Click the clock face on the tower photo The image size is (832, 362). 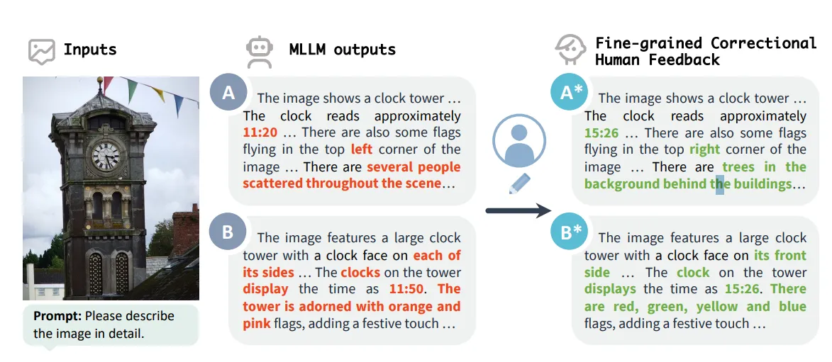[x=106, y=155]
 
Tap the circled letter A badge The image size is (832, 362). [x=228, y=93]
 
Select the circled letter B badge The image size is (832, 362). [x=228, y=232]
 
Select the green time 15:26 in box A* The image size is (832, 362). [x=601, y=132]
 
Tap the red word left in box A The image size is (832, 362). [x=361, y=149]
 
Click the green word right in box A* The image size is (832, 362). [x=704, y=149]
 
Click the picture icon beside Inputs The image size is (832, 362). [x=42, y=51]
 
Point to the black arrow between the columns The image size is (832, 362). [x=518, y=210]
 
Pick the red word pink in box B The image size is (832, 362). [x=256, y=324]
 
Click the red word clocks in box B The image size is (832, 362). [x=360, y=272]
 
